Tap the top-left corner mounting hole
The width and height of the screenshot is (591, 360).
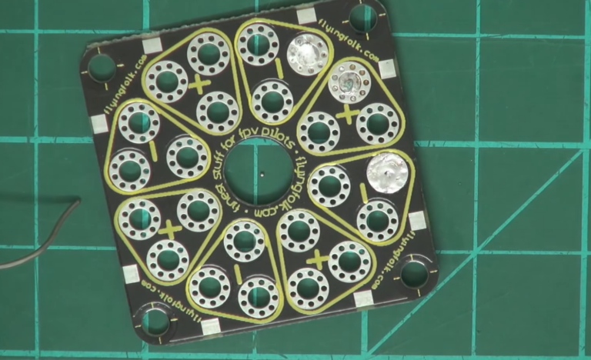pos(102,68)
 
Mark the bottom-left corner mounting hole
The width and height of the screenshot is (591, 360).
pos(156,322)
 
